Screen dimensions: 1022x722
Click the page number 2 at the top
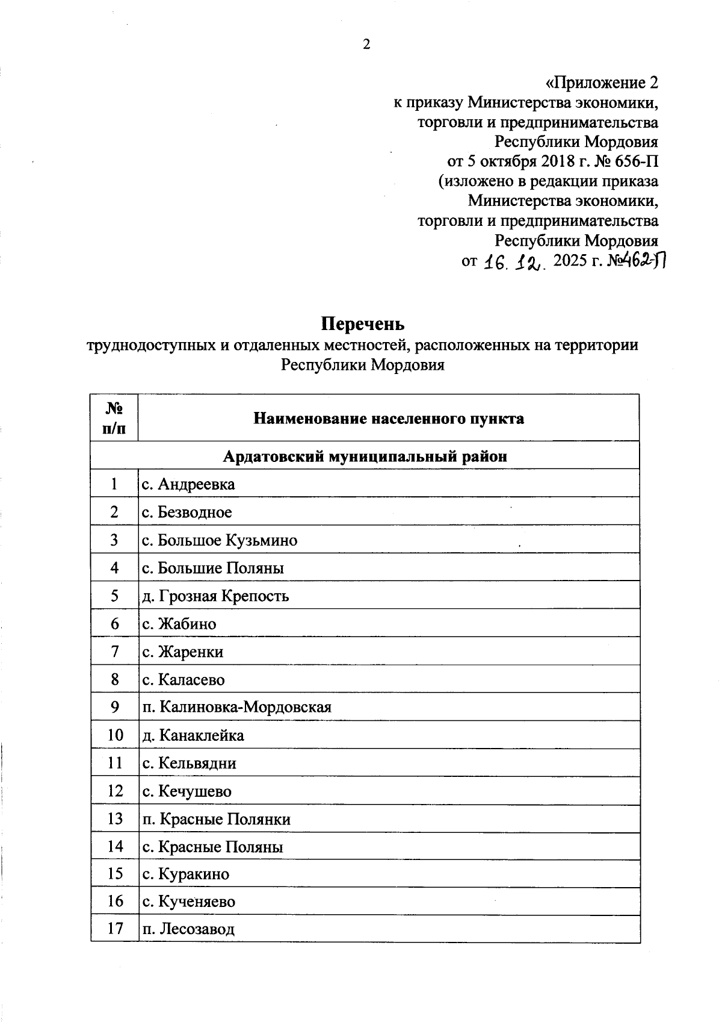pos(365,45)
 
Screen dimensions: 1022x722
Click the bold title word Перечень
pos(362,324)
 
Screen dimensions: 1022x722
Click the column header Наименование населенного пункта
pos(388,418)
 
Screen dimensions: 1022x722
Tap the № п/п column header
pos(114,418)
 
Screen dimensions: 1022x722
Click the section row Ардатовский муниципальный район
pos(365,456)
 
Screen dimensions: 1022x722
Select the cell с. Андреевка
pos(189,484)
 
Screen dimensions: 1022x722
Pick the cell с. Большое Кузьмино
pos(220,540)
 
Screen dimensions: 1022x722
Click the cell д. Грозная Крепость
pos(215,596)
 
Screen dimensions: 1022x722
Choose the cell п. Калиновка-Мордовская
pos(236,707)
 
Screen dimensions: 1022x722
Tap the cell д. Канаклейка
pos(193,735)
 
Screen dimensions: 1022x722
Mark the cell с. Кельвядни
pos(190,764)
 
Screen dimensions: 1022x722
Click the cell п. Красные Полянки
pos(217,819)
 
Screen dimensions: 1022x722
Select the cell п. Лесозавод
pos(188,929)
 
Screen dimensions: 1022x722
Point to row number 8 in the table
pos(114,679)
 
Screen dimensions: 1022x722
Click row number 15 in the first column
pos(114,873)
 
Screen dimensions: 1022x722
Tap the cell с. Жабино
pos(179,624)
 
